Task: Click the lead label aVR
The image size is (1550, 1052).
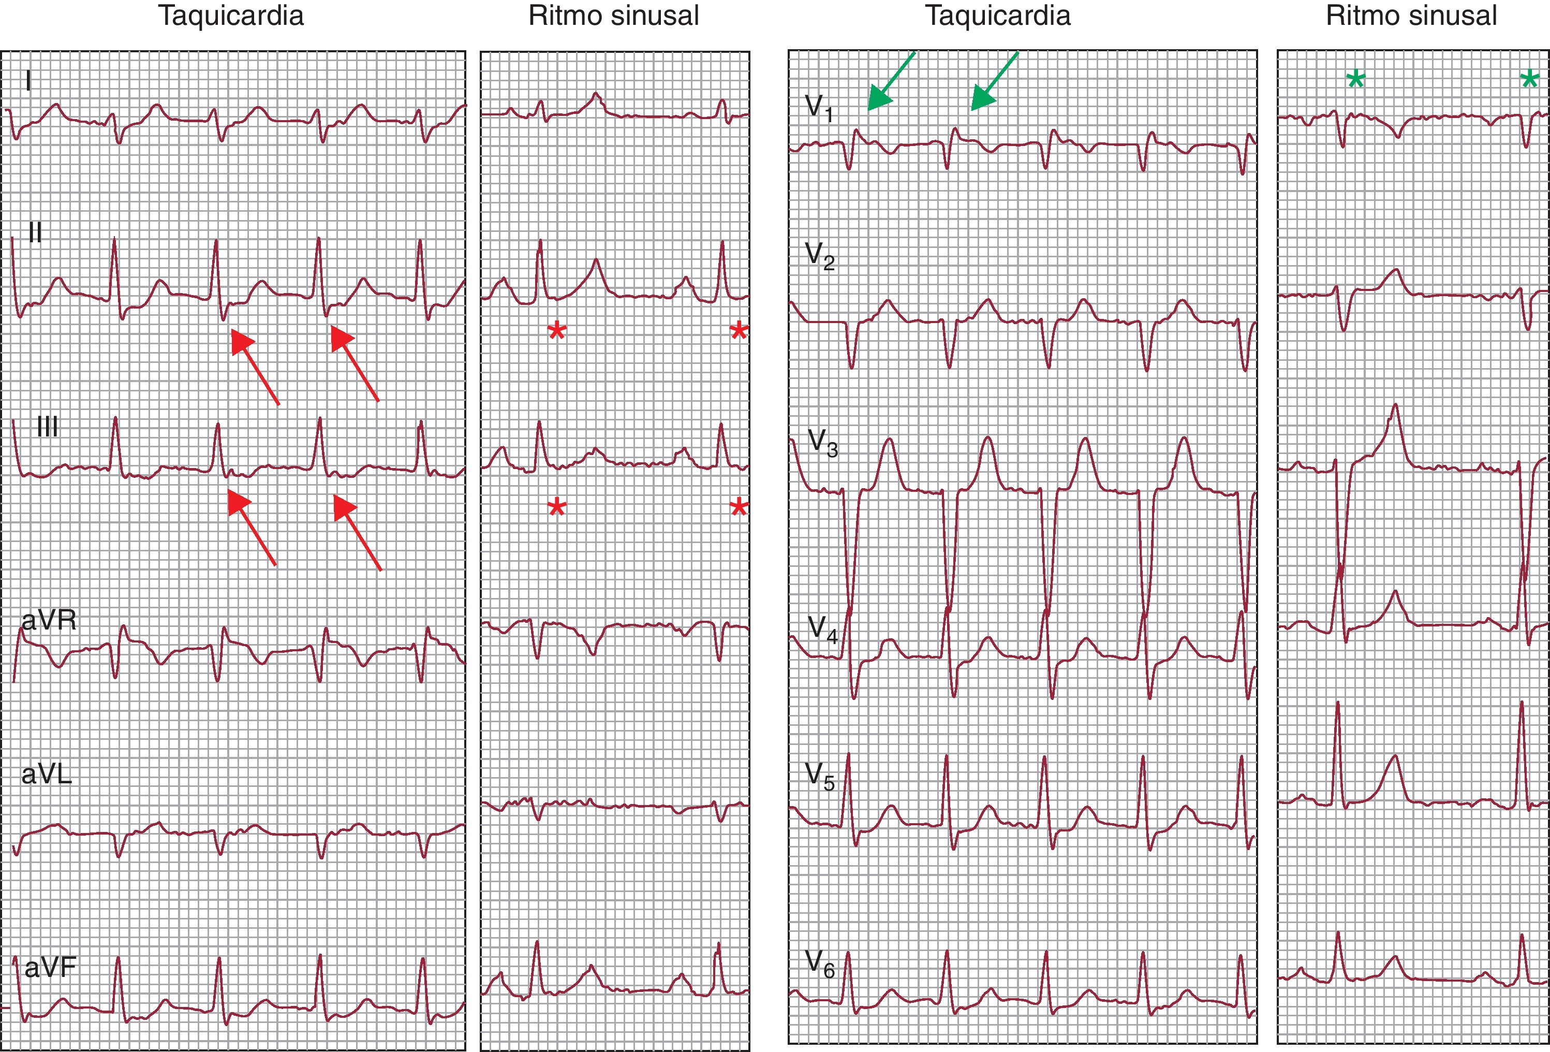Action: (x=49, y=620)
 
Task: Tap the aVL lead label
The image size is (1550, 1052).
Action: (x=46, y=774)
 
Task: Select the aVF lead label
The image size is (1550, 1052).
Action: (x=50, y=967)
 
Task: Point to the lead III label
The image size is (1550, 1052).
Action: (x=47, y=427)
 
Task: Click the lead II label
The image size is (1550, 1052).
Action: (x=35, y=233)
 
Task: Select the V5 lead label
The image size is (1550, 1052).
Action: (x=820, y=776)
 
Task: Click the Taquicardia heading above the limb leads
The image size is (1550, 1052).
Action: (x=231, y=16)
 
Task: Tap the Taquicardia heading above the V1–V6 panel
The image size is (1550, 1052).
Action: (x=997, y=16)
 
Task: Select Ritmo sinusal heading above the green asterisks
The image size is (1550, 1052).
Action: (x=1411, y=16)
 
